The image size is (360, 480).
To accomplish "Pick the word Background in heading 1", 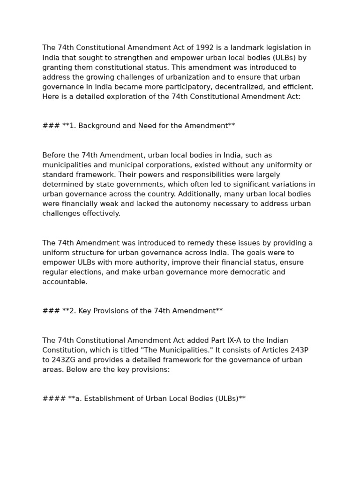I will pos(98,126).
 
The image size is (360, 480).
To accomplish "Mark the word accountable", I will pos(65,282).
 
